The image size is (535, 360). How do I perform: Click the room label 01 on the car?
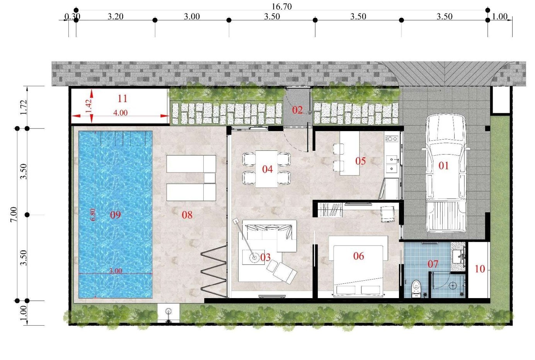[x=443, y=165]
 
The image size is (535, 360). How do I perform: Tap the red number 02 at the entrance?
[x=297, y=110]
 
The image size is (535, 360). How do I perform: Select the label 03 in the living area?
[x=265, y=257]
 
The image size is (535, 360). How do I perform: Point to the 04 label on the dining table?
[x=267, y=169]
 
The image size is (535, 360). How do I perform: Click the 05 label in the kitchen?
[x=360, y=161]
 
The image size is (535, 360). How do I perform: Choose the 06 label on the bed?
[x=358, y=256]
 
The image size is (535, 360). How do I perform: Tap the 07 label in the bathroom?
[x=433, y=264]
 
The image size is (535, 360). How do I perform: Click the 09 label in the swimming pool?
[x=115, y=215]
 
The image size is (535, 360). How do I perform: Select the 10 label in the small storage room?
[x=479, y=269]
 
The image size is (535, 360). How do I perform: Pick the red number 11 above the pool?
[x=122, y=98]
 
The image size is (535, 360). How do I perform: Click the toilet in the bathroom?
[x=416, y=288]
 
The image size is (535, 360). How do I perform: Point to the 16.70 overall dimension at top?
[x=282, y=7]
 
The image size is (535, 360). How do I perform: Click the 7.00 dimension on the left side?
[x=14, y=214]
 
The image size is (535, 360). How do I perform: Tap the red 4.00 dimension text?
[x=120, y=113]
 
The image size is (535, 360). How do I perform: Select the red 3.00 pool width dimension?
[x=115, y=271]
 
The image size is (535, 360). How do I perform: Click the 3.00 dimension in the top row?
[x=192, y=16]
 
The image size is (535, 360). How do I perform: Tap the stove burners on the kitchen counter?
[x=391, y=138]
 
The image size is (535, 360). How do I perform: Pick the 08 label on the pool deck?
[x=187, y=215]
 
